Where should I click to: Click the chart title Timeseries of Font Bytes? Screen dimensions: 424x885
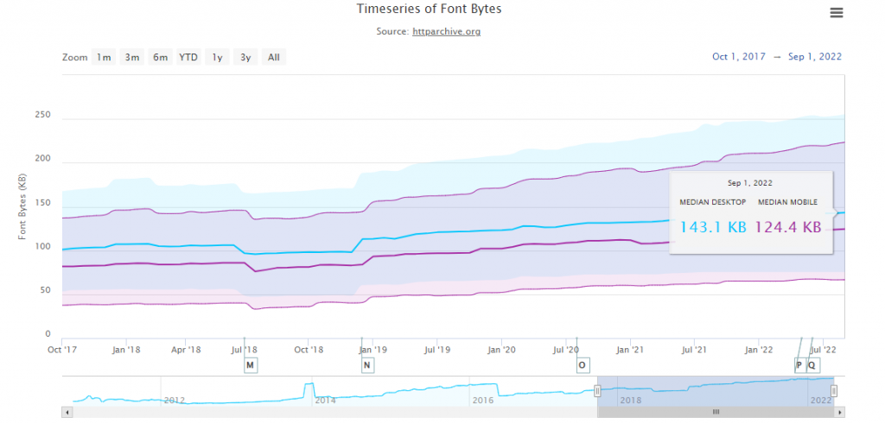click(429, 9)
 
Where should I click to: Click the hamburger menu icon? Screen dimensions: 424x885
click(836, 13)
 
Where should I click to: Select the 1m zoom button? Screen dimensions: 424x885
click(104, 58)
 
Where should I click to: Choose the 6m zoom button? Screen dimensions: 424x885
click(160, 58)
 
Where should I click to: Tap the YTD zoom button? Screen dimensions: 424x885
click(188, 58)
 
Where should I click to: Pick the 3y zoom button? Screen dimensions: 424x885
click(245, 58)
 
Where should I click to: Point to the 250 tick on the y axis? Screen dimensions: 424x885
click(42, 116)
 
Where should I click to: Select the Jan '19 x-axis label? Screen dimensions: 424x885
click(372, 350)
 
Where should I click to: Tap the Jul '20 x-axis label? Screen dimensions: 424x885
click(567, 350)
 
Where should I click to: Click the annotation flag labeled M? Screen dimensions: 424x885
click(251, 365)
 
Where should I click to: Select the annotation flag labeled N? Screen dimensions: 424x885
click(367, 365)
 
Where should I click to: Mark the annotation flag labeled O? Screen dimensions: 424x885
click(583, 365)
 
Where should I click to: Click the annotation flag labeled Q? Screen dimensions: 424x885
click(812, 365)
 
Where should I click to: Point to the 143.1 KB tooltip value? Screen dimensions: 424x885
click(714, 228)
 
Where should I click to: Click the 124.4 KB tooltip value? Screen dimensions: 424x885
click(787, 228)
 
